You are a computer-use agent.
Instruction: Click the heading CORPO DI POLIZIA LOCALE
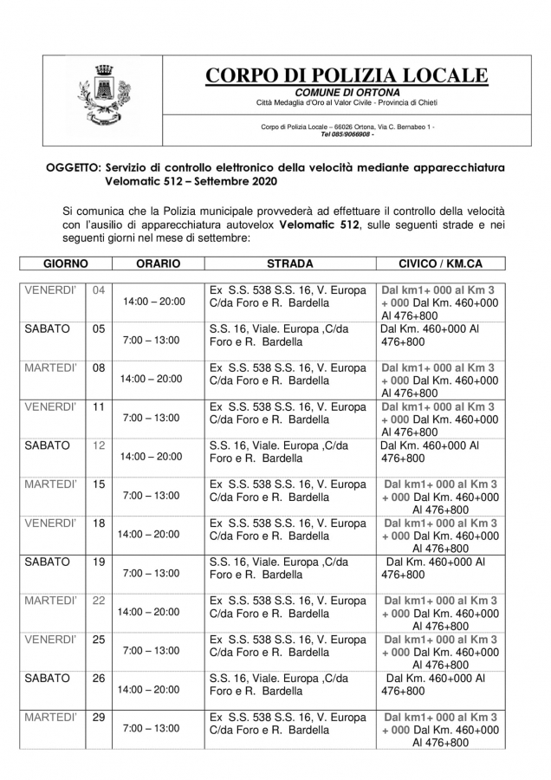coord(347,76)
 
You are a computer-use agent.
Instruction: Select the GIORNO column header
coord(54,263)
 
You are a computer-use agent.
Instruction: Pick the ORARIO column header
coord(158,263)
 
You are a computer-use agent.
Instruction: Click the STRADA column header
coord(289,263)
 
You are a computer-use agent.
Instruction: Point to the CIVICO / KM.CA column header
coord(440,263)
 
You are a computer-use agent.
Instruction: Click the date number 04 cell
coord(99,289)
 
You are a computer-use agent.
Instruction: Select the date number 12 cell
coord(99,445)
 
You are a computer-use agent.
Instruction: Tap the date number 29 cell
coord(99,718)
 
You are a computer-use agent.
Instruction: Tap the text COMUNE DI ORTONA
coord(347,93)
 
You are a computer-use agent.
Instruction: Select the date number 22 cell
coord(99,600)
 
